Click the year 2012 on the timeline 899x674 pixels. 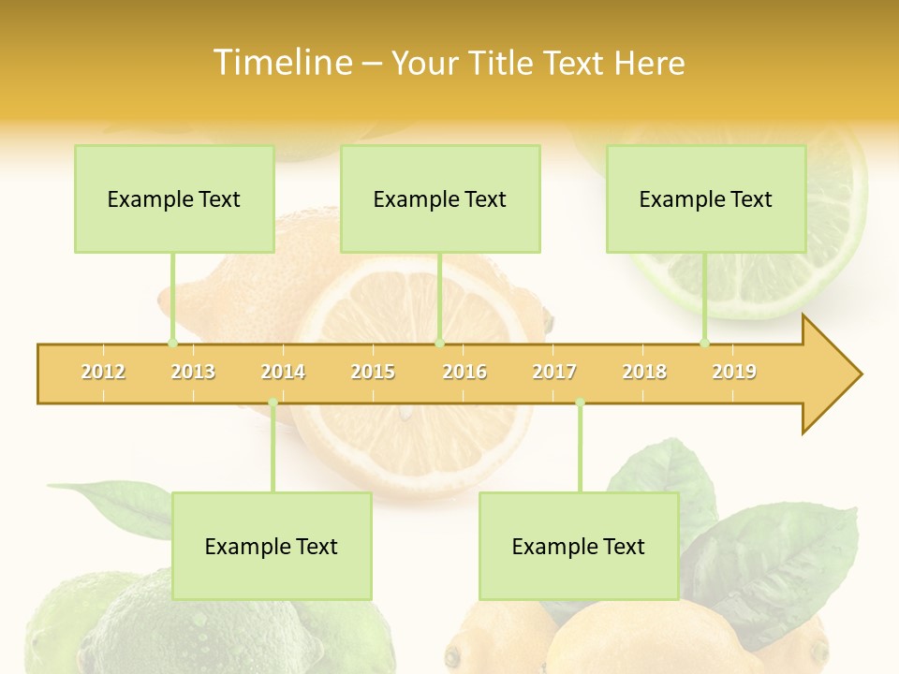click(x=103, y=372)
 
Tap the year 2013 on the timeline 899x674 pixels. click(x=193, y=372)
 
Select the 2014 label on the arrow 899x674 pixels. click(x=283, y=372)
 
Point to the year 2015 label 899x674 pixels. click(x=373, y=372)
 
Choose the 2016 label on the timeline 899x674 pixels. click(x=464, y=372)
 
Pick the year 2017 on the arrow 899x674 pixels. click(x=554, y=372)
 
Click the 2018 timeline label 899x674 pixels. click(x=644, y=372)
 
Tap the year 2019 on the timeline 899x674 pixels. click(x=734, y=372)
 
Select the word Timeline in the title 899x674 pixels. click(x=280, y=63)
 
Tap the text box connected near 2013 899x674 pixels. click(x=174, y=198)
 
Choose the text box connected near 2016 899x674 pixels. click(x=440, y=198)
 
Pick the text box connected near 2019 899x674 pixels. click(x=706, y=198)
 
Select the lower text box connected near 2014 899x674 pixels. click(x=272, y=546)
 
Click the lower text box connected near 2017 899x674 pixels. click(x=579, y=546)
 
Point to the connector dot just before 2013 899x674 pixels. click(x=172, y=344)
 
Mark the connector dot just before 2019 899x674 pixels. click(x=705, y=344)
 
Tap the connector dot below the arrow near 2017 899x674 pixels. click(x=580, y=403)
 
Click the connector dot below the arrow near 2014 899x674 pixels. click(x=273, y=403)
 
